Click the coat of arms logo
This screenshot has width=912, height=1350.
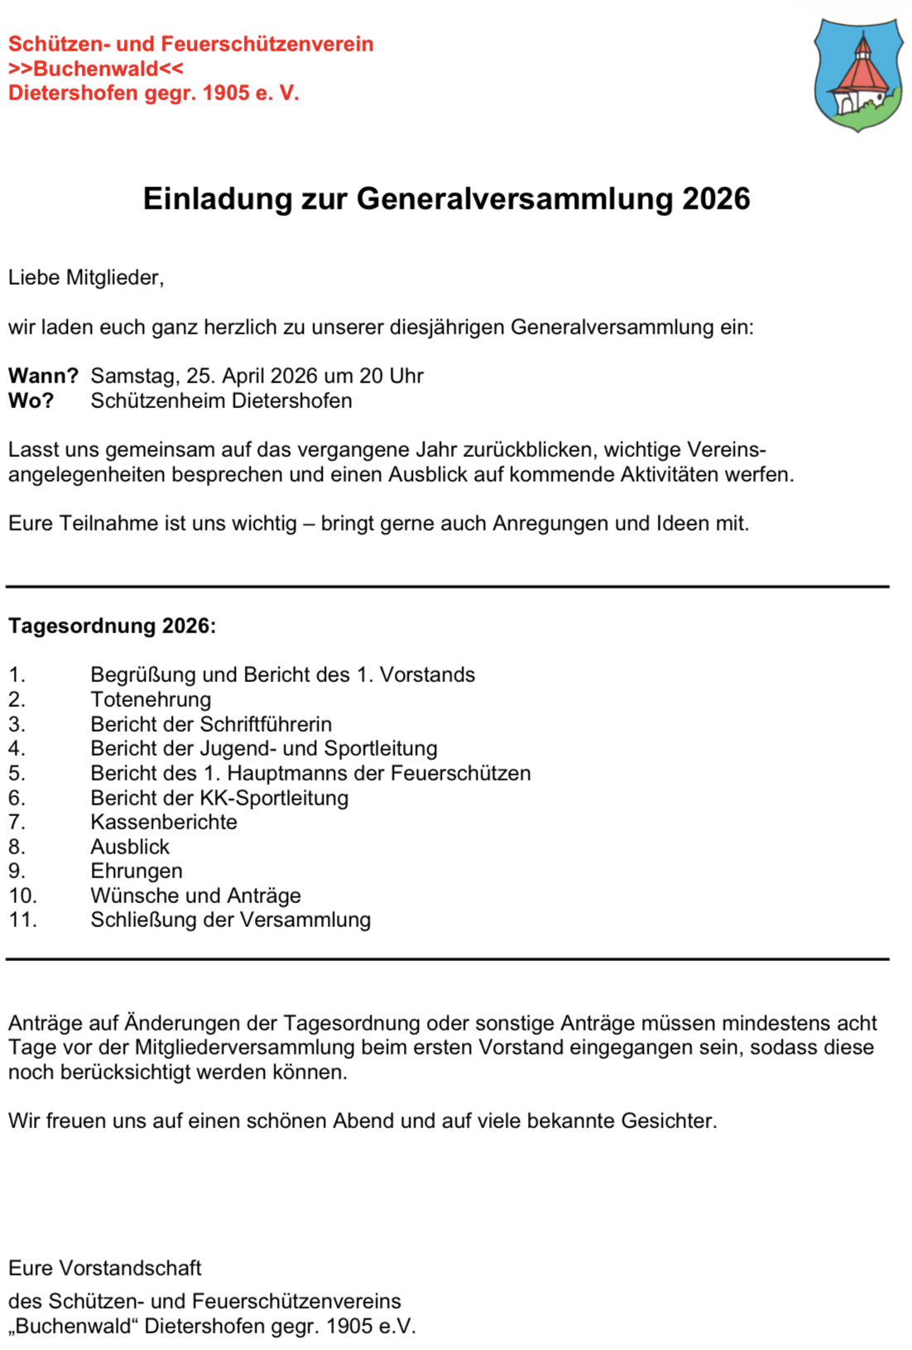858,74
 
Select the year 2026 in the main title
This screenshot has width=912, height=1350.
716,199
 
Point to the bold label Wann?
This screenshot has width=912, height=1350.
43,376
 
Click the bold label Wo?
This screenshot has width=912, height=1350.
31,401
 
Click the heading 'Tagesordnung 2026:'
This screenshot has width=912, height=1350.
112,626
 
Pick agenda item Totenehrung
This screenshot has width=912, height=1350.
151,699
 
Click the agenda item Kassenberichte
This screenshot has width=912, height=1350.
164,822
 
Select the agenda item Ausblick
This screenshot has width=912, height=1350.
130,847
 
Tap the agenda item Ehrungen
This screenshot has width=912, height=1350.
137,871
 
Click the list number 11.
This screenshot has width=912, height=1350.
22,920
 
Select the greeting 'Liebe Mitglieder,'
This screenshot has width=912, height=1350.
86,278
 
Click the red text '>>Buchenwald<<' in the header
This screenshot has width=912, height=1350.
95,69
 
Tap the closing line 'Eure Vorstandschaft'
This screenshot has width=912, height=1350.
105,1268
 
